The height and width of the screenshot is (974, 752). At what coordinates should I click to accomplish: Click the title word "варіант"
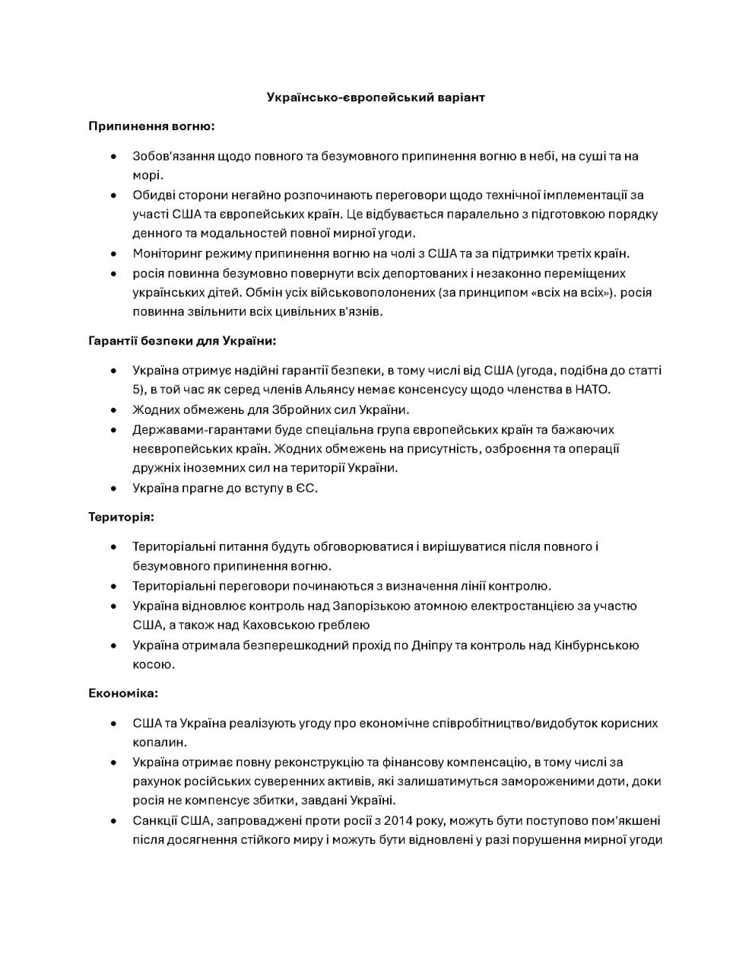pos(459,97)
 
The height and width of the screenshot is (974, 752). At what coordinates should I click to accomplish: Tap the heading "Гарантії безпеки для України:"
pos(182,341)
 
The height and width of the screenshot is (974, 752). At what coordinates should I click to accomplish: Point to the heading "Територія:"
pos(121,517)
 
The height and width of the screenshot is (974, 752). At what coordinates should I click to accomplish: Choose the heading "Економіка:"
pos(123,694)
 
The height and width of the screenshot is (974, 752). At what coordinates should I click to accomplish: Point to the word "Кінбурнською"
pos(596,645)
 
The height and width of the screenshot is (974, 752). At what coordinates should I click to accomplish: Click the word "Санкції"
pos(154,821)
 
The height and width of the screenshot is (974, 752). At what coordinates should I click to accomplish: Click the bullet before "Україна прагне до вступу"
pos(114,489)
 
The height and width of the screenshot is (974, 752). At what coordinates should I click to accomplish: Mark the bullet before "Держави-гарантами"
pos(114,430)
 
